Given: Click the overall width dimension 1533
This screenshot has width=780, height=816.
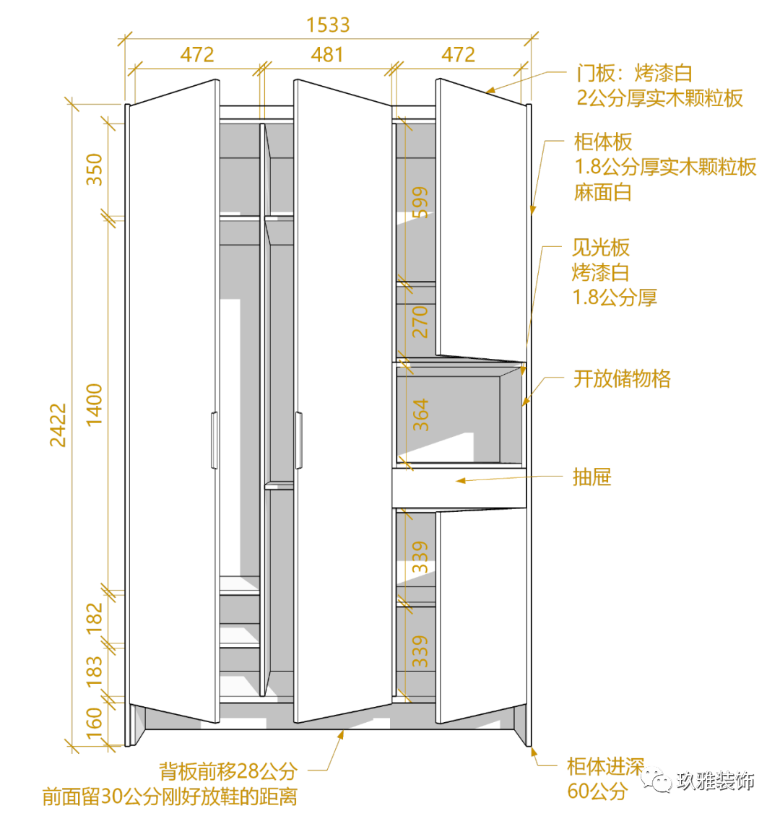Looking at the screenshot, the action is point(328,25).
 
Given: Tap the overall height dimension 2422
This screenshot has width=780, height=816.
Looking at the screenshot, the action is point(58,425).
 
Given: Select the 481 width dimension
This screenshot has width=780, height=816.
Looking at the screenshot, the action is point(327,55).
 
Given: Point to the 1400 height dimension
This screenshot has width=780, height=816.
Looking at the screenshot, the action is point(95,404).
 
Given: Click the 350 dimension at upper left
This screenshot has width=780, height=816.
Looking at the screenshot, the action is point(95,170).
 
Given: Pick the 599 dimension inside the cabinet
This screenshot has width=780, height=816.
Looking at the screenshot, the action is point(420,202).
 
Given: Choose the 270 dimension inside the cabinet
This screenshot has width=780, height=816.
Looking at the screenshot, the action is point(420,321).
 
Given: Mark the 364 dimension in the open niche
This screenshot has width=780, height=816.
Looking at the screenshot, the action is point(420,414).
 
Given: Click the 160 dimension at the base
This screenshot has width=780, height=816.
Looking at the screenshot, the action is point(95,719).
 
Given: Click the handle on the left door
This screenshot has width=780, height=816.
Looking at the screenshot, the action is point(214,440).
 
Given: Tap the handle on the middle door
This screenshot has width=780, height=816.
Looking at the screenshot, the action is point(298,440).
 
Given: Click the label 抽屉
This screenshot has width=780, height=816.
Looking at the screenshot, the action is point(591,477).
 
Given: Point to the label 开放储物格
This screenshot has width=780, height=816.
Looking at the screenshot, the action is point(622,378).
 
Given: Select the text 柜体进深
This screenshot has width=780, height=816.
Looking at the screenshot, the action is point(604,767).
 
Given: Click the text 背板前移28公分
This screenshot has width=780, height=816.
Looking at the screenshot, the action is point(228,771).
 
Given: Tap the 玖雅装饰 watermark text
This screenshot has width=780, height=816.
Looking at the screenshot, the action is point(715,781).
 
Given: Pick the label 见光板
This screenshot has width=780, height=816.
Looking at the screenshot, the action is point(600,248).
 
